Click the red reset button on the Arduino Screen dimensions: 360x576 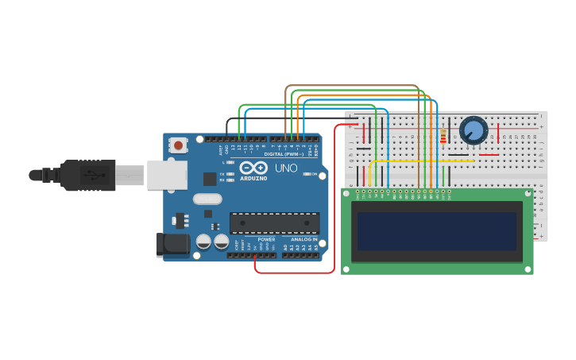(x=179, y=145)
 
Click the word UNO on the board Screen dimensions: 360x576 (x=286, y=168)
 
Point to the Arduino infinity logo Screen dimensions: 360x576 (x=253, y=168)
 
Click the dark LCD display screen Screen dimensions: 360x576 (x=436, y=231)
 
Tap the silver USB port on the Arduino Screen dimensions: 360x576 (x=167, y=175)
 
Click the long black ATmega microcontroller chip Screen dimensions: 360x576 (x=274, y=223)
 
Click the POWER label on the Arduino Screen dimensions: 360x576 (x=266, y=239)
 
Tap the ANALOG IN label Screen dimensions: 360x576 (x=303, y=239)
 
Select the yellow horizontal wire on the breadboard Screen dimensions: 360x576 (x=421, y=161)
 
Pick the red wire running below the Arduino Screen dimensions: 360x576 (x=294, y=273)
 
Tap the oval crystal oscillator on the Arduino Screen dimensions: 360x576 (x=207, y=199)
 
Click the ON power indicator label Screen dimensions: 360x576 (x=314, y=174)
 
